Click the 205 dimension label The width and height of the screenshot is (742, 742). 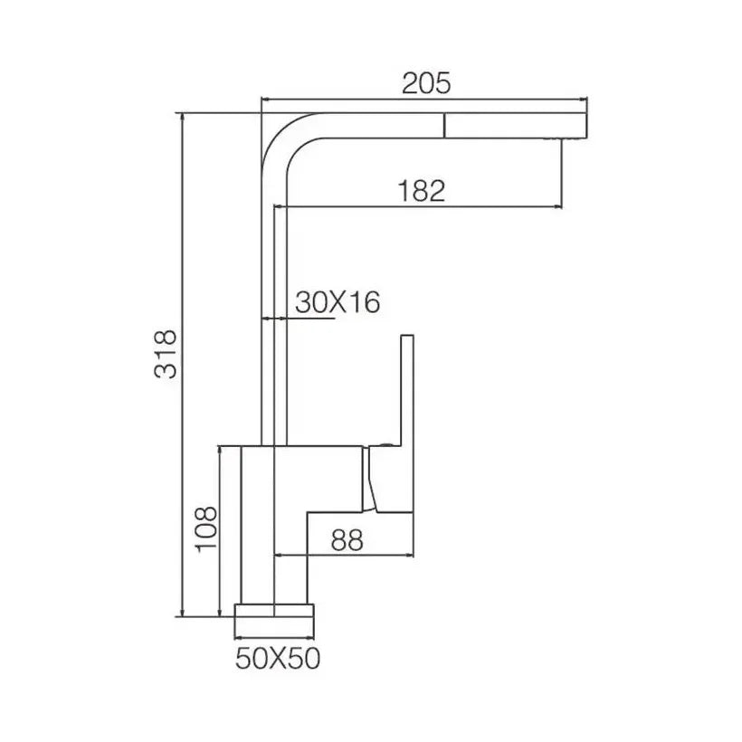(426, 84)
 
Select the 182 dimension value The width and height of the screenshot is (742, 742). (422, 191)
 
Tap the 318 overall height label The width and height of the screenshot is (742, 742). (166, 355)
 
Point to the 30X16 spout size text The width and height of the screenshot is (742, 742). (338, 302)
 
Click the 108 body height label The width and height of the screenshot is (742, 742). (206, 529)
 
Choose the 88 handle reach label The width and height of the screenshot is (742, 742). (347, 540)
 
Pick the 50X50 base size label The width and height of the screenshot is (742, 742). (278, 658)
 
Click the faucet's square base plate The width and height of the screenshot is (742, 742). (274, 611)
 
